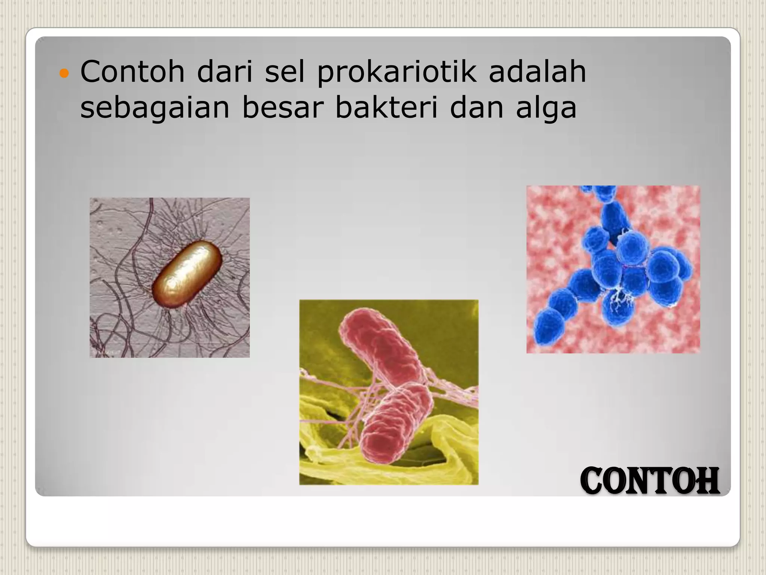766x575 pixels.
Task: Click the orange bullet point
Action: coord(64,73)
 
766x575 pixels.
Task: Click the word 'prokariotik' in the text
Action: coord(397,72)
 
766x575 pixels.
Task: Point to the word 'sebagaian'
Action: coord(154,109)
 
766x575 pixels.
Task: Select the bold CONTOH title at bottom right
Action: coord(650,481)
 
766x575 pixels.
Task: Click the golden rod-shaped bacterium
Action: coord(187,274)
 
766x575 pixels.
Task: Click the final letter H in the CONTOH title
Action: coord(708,481)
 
